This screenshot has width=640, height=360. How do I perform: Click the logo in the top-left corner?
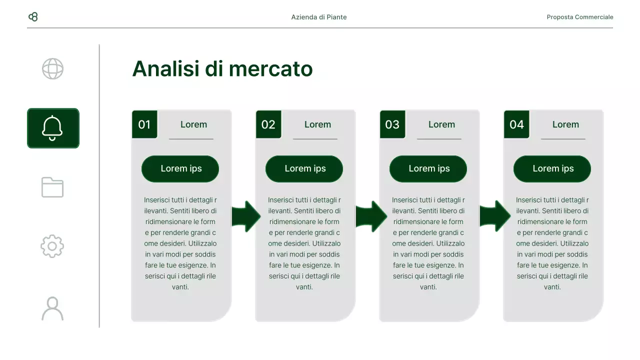click(33, 17)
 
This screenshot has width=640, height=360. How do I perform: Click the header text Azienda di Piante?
click(319, 17)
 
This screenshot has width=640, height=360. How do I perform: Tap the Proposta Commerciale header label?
click(579, 17)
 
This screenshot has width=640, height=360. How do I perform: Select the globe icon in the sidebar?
click(52, 69)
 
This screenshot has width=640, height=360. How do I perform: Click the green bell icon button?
click(53, 128)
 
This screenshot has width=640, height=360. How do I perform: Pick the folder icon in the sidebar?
click(52, 187)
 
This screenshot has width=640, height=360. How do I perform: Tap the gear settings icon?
click(52, 246)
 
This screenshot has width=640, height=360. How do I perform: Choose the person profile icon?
click(52, 308)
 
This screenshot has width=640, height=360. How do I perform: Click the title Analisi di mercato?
click(222, 69)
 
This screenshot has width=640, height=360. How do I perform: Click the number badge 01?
click(144, 124)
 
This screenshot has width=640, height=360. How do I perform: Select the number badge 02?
click(268, 124)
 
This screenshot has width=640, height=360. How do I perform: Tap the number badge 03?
click(392, 124)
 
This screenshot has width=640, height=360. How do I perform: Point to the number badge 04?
click(516, 124)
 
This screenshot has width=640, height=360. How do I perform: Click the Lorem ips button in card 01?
click(180, 169)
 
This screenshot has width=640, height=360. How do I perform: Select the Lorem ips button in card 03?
click(428, 169)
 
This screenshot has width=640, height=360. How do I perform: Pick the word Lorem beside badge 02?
click(317, 124)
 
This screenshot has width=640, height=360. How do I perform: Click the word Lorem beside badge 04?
click(565, 124)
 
